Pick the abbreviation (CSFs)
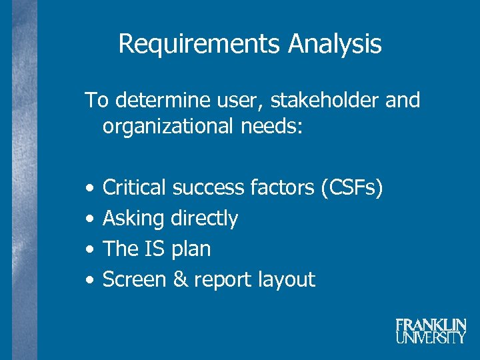pyautogui.click(x=351, y=188)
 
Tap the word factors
pyautogui.click(x=281, y=188)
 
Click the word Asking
pyautogui.click(x=133, y=219)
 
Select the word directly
pyautogui.click(x=205, y=219)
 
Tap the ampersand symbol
pyautogui.click(x=180, y=279)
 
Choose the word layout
pyautogui.click(x=288, y=280)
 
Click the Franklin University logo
pyautogui.click(x=430, y=331)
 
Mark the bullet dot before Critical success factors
pyautogui.click(x=89, y=189)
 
